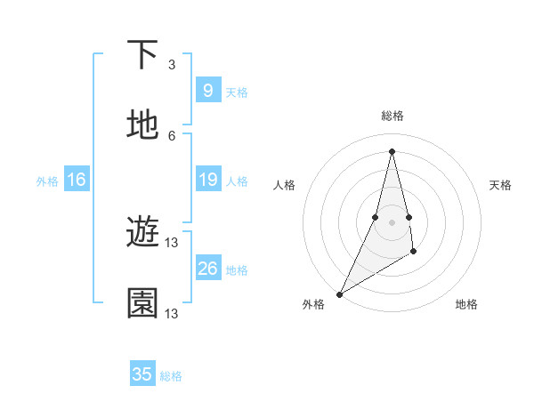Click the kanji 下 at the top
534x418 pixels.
(x=142, y=55)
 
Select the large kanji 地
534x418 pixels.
(x=142, y=125)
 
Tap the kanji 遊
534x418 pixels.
(x=142, y=234)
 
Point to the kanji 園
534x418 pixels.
(x=142, y=303)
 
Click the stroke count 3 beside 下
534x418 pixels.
(x=172, y=65)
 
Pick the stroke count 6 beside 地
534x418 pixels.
(x=172, y=135)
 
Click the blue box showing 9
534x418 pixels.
(x=207, y=91)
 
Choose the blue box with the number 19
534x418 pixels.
(x=207, y=181)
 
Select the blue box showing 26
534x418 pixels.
(x=207, y=269)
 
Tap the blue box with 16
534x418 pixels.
(x=77, y=181)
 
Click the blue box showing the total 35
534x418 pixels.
(x=142, y=374)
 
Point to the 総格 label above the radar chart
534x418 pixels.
(x=392, y=116)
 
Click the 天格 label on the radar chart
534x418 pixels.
(x=500, y=185)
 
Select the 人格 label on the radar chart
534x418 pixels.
(x=284, y=185)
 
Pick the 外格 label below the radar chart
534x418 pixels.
(x=313, y=304)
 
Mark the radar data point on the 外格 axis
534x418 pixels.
(x=339, y=293)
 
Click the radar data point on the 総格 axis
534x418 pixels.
(x=392, y=151)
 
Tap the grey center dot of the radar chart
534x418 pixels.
(x=392, y=221)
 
